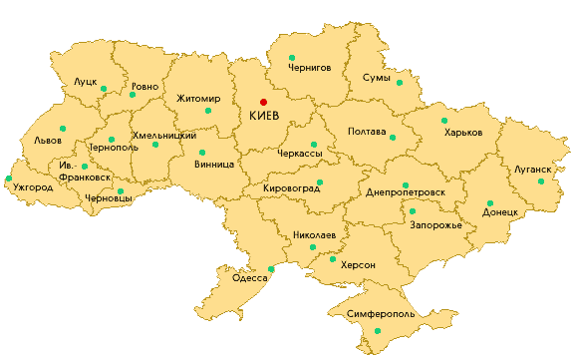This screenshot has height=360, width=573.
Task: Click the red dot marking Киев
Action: click(264, 101)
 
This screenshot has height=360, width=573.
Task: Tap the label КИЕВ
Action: click(264, 117)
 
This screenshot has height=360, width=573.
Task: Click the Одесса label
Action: click(250, 278)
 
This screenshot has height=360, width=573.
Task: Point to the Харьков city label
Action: click(463, 133)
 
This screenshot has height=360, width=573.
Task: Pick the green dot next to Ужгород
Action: click(8, 180)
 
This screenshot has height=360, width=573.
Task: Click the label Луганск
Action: click(532, 170)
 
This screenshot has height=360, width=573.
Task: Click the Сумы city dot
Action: click(400, 83)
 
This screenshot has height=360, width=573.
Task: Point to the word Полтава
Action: click(367, 132)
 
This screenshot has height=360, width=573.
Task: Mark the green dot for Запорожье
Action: click(413, 211)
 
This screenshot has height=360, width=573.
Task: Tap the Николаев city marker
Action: click(313, 247)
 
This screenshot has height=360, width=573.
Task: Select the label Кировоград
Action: click(291, 186)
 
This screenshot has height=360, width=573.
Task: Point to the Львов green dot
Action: click(63, 128)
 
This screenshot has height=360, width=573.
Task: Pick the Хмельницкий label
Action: click(163, 135)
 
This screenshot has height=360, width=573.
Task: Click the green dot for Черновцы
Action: click(120, 190)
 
